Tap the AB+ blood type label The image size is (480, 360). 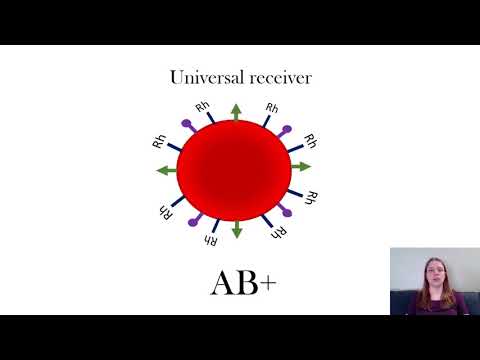click(x=243, y=283)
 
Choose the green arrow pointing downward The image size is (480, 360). click(x=237, y=229)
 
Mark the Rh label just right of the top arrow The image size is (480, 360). click(x=271, y=106)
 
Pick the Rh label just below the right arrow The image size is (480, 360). click(x=312, y=196)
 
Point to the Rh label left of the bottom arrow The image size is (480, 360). click(x=210, y=239)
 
